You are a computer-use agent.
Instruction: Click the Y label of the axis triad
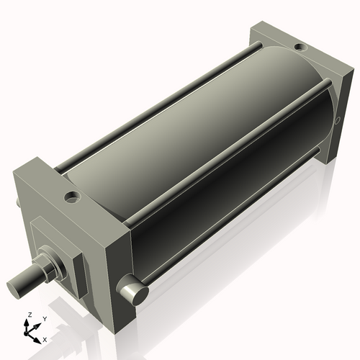[x=44, y=318]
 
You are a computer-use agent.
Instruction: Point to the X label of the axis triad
[x=44, y=338]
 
